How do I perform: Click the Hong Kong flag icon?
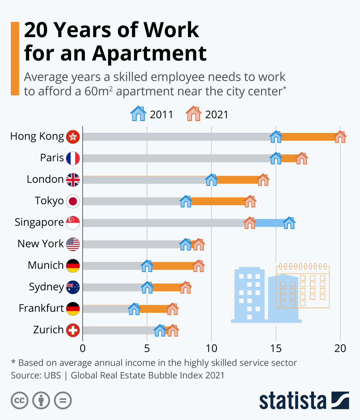coord(73,137)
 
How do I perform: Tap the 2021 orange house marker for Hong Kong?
coord(340,137)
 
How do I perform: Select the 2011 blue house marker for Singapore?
coord(289,223)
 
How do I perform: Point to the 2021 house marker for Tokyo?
coord(250,202)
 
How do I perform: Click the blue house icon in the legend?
coord(138,114)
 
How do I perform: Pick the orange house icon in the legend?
coord(193,114)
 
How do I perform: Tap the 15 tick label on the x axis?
coord(276,348)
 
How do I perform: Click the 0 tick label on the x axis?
coord(82,348)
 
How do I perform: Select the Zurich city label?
coord(48,330)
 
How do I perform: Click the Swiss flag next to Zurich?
coord(73,330)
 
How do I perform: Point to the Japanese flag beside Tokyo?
coord(73,201)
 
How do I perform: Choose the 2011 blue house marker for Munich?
coord(147,266)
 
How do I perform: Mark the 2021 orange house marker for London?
coord(263,180)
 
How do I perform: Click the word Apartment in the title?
coord(149,53)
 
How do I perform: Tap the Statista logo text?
coord(292,401)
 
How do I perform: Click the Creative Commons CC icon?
coord(19,400)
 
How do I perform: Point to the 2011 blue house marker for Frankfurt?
coord(134,309)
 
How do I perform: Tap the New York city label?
coord(40,244)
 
